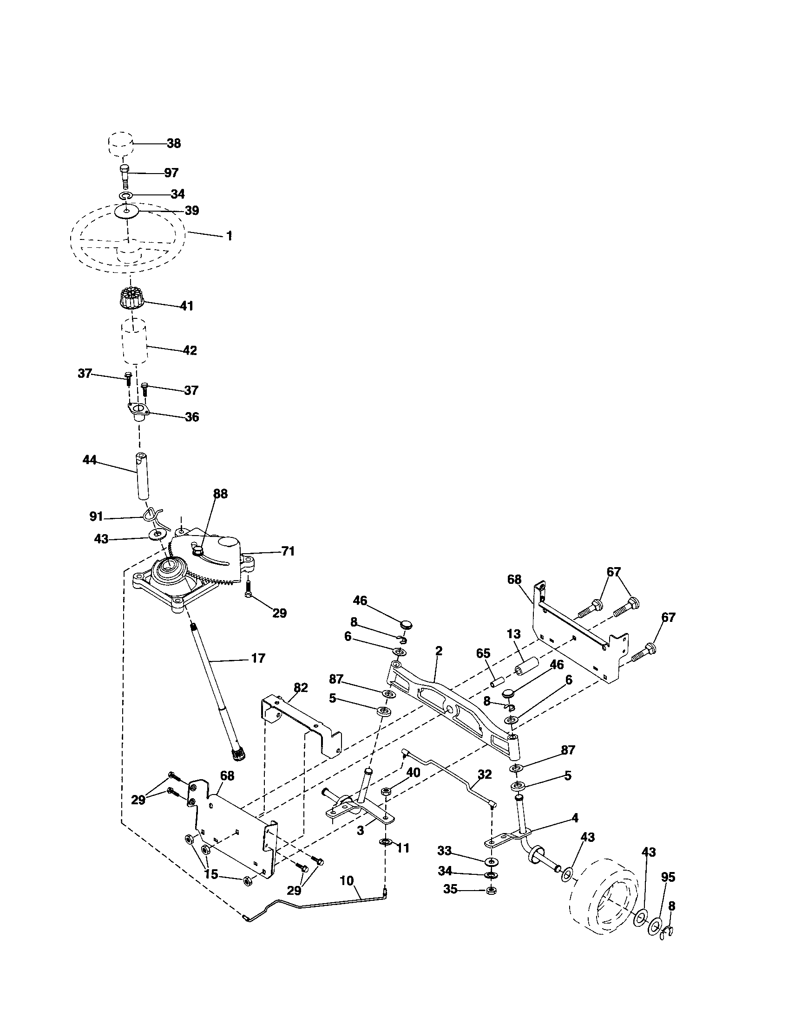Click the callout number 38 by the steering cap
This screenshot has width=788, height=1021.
[174, 143]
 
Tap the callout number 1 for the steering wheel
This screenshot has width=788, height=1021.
[229, 236]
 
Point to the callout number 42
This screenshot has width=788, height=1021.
[190, 350]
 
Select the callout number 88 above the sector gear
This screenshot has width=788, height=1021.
[220, 494]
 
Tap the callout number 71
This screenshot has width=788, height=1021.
[288, 552]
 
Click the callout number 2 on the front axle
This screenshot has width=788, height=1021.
[439, 651]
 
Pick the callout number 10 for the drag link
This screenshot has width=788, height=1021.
[347, 881]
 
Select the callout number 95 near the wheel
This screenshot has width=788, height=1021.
[669, 878]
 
